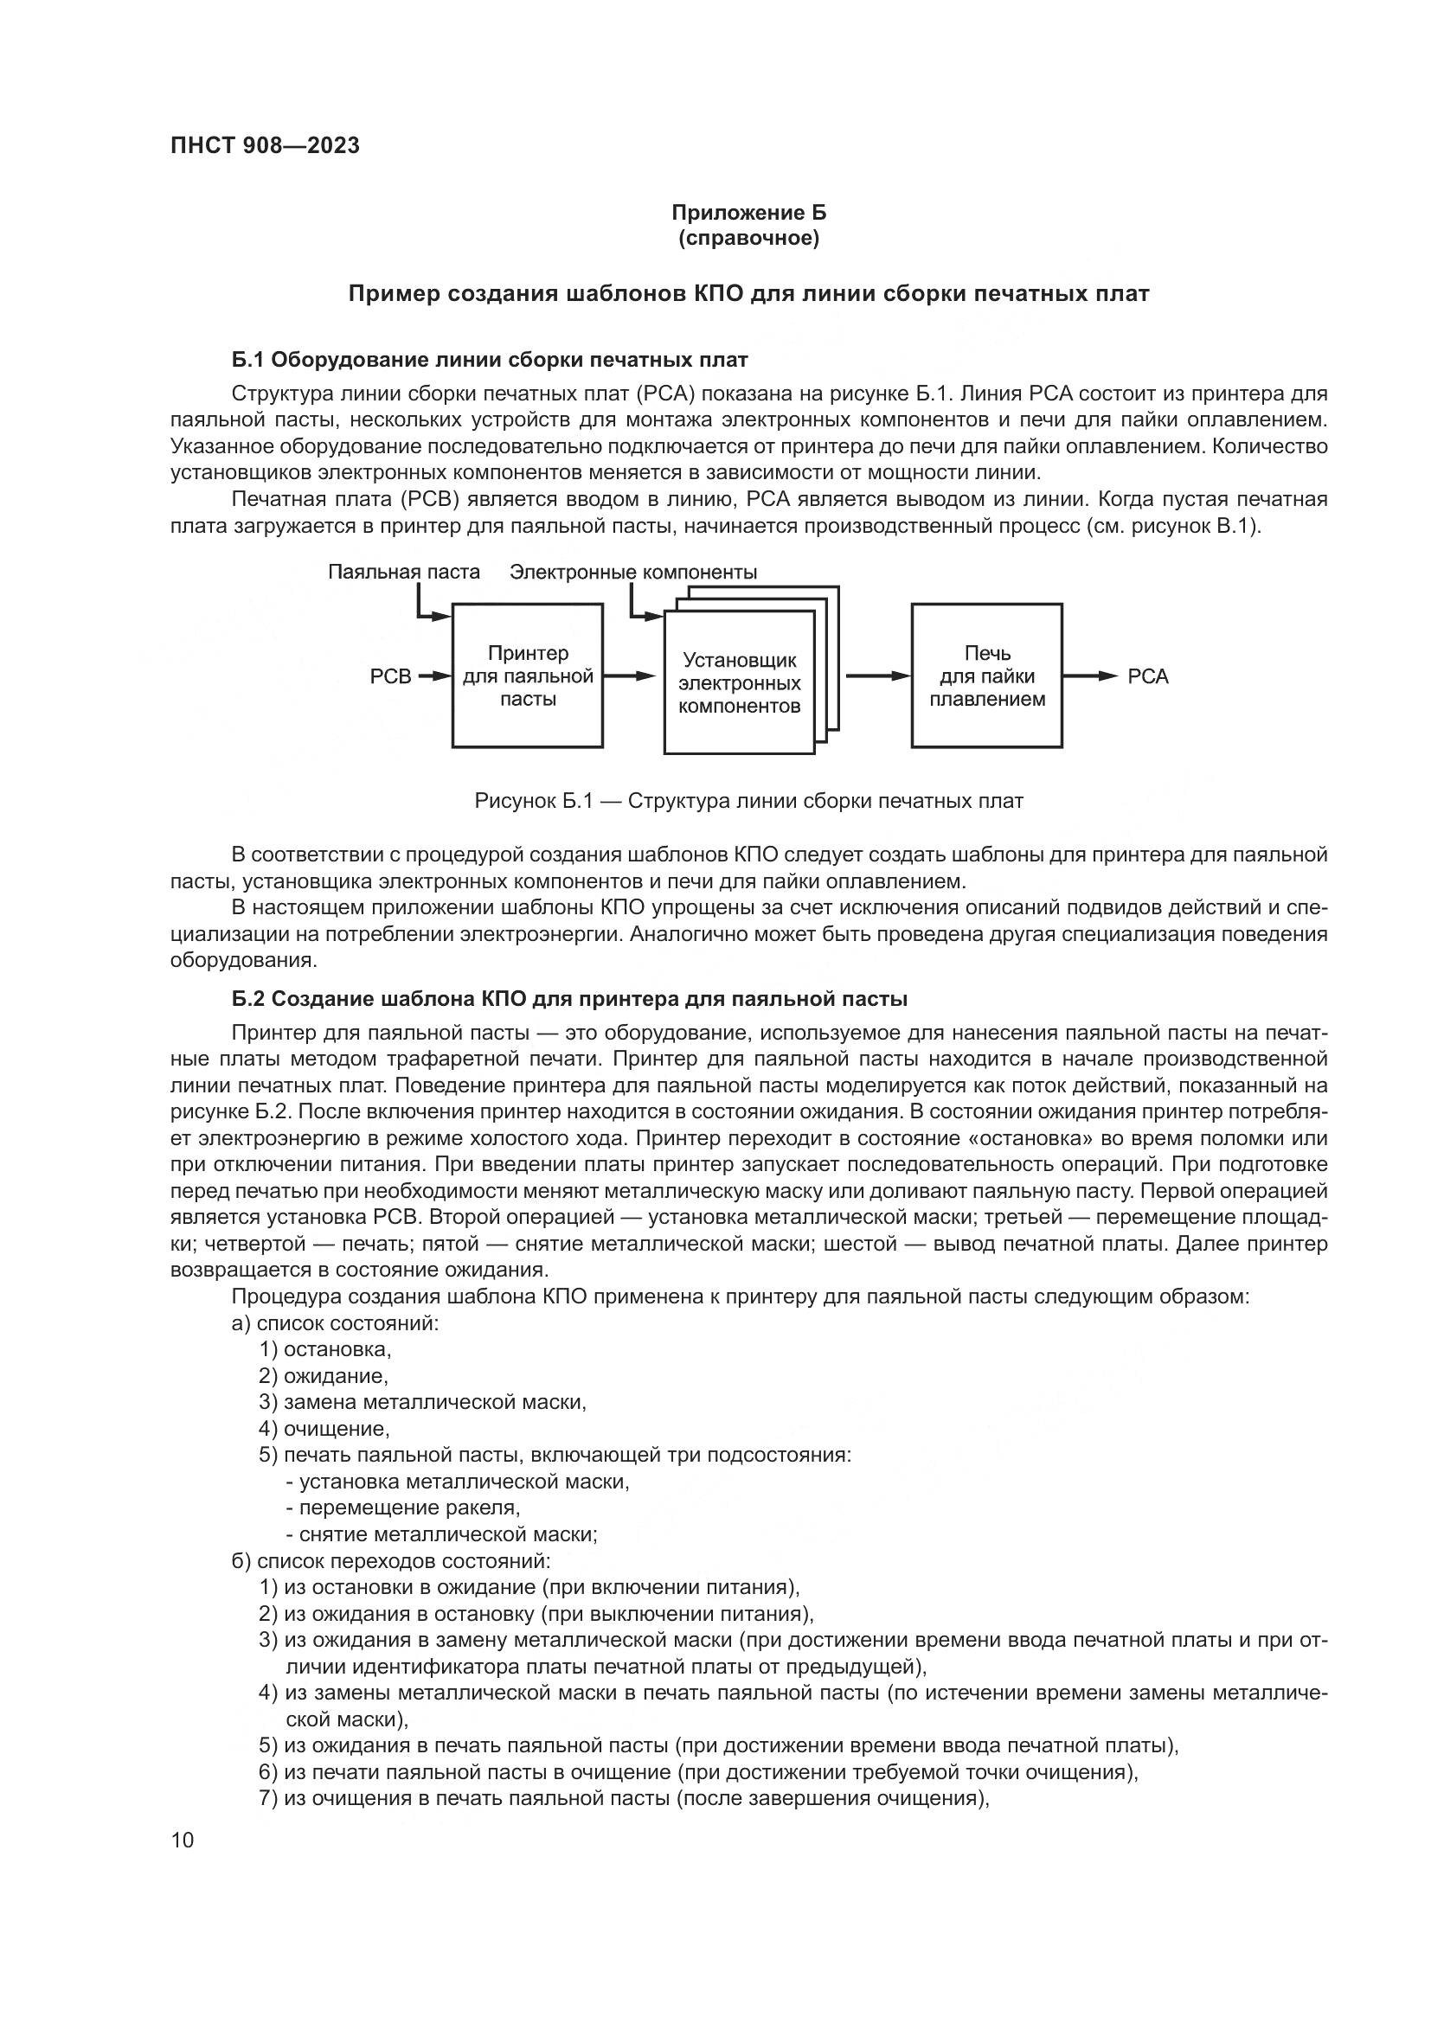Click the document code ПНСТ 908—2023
(x=266, y=145)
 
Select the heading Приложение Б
(x=748, y=213)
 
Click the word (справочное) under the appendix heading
(x=748, y=239)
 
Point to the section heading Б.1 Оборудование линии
(x=489, y=360)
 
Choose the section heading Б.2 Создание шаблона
(x=569, y=999)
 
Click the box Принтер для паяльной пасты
(x=528, y=675)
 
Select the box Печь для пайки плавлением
(x=986, y=675)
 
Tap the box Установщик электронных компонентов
(x=738, y=683)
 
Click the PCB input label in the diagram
(x=390, y=676)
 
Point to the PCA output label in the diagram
(x=1147, y=676)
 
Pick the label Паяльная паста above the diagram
(x=403, y=572)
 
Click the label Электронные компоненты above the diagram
(x=632, y=572)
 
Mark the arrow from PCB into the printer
(x=433, y=675)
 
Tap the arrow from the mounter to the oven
(x=877, y=675)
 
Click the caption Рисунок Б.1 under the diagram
(x=748, y=801)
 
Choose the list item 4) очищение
(x=324, y=1428)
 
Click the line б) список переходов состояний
(x=390, y=1561)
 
